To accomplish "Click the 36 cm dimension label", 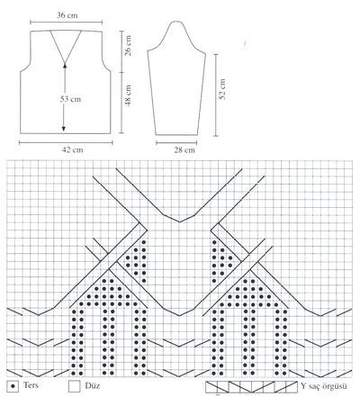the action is click(x=67, y=15).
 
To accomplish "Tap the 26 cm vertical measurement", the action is click(x=128, y=45).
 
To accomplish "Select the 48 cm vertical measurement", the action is click(x=128, y=95).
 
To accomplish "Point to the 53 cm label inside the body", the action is click(x=70, y=99).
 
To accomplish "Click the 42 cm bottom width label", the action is click(x=72, y=149).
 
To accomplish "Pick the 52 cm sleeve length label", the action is click(x=222, y=89).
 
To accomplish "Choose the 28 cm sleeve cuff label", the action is click(x=184, y=149).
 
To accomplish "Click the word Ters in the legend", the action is click(x=31, y=385).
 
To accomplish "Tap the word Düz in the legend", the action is click(x=93, y=385).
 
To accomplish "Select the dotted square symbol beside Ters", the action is click(x=13, y=386).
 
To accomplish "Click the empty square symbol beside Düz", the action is click(x=74, y=386).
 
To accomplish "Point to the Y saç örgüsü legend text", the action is click(x=324, y=386).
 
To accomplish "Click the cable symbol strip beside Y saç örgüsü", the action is click(x=251, y=387).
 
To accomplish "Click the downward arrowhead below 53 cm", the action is click(x=64, y=129).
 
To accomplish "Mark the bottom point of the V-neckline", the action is click(x=65, y=61).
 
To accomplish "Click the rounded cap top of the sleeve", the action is click(x=175, y=22).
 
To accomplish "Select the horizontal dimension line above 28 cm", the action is click(x=176, y=143).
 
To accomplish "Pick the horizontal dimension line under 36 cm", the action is click(x=66, y=22).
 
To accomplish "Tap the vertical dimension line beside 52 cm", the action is click(x=215, y=95).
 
